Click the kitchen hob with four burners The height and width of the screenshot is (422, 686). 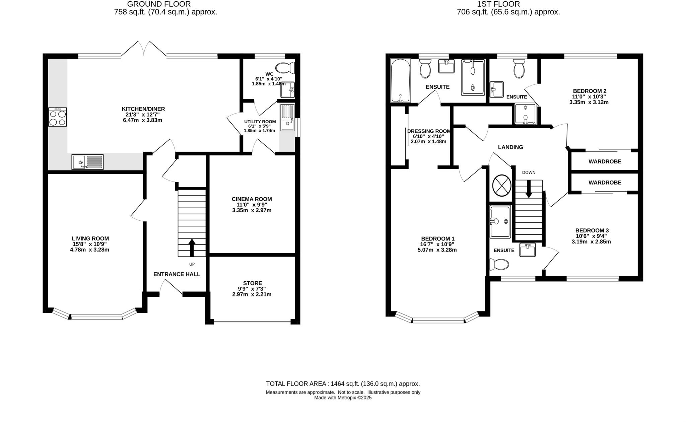coord(58,117)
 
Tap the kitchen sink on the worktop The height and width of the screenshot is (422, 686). coord(87,162)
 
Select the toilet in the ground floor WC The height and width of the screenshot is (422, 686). coord(284,68)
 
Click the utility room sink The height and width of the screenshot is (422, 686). coord(287,118)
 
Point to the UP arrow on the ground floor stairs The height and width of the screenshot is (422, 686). coord(192,248)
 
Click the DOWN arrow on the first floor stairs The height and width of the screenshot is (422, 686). coord(529,189)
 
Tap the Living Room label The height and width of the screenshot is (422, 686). coord(90,238)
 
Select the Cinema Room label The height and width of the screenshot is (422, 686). coord(252,199)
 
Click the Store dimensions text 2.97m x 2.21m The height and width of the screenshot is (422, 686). coord(252,294)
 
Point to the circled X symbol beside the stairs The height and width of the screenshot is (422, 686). coord(501,186)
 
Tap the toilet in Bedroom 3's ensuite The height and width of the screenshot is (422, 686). coord(499,265)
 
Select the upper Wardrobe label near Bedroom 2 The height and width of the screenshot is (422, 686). coord(605,161)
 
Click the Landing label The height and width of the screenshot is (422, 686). coord(510,147)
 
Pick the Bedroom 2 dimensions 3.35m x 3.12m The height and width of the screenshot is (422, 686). coord(589,102)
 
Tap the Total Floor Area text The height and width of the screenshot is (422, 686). coord(343,384)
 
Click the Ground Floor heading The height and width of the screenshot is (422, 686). coord(159,4)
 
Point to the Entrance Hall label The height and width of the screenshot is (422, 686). coord(177,274)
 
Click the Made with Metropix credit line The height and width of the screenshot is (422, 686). coord(343,398)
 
